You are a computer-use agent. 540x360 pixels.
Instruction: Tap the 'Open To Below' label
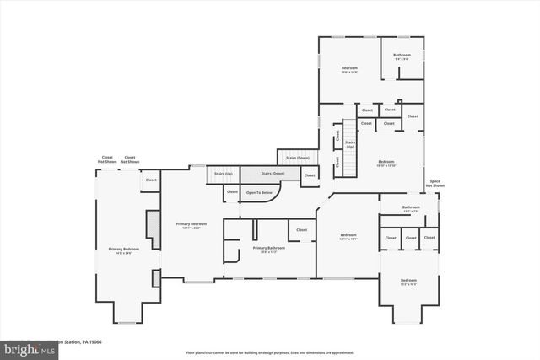pos(259,193)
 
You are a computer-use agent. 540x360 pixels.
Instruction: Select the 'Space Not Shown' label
pos(435,184)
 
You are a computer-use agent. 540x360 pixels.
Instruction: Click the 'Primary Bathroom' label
pos(269,248)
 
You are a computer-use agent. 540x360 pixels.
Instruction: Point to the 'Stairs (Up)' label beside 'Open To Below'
pos(223,174)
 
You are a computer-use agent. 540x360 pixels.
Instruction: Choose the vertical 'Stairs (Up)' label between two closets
pos(350,145)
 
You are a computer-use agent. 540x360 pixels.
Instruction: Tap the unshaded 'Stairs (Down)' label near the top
pos(297,158)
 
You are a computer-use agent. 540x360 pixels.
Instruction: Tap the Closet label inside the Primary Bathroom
pos(301,229)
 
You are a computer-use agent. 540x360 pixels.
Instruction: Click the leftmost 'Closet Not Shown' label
pos(107,159)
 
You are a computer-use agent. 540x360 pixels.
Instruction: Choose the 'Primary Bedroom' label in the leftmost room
pos(123,250)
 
